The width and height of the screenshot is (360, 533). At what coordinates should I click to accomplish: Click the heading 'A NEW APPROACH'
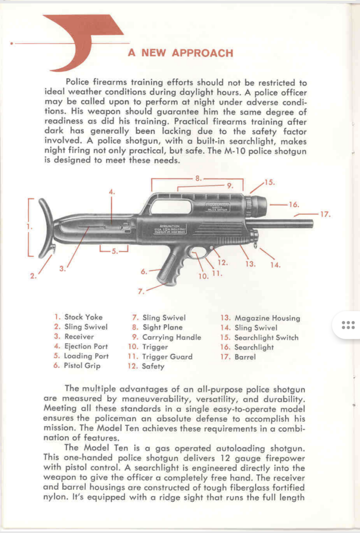181,53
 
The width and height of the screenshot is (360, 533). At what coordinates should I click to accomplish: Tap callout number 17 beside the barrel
326,213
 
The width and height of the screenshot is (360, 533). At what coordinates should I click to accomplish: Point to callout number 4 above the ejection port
111,192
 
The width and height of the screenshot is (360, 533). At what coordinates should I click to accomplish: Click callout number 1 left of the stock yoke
30,227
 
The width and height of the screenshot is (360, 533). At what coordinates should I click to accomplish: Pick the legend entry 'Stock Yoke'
83,317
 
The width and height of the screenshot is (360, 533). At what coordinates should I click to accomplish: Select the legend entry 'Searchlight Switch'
266,337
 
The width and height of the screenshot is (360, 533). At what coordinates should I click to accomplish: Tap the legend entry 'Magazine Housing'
267,318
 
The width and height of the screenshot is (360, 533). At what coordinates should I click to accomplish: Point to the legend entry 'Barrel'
245,357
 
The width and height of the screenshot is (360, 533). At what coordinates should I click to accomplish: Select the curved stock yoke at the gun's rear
45,229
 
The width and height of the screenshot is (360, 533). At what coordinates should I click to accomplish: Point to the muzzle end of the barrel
311,223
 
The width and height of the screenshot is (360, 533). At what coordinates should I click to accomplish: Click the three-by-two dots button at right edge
348,325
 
